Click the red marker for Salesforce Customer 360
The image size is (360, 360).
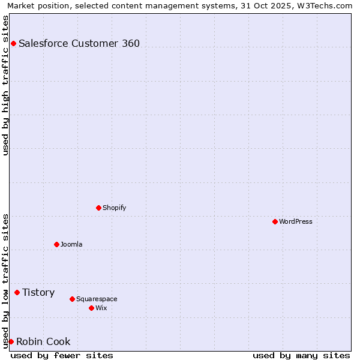coord(13,43)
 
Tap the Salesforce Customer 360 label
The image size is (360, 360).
coord(79,43)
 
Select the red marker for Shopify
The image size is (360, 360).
coord(98,208)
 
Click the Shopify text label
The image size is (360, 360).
coord(114,208)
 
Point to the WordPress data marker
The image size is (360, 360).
coord(275,221)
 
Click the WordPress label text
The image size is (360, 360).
coord(295,221)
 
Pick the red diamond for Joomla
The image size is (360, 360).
coord(56,244)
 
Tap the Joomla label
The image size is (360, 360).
coord(71,244)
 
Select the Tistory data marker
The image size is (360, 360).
coord(17,292)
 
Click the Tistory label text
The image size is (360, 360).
coord(38,292)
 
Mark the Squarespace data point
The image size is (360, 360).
coord(72,299)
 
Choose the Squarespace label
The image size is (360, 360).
coord(97,299)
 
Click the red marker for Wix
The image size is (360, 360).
coord(91,308)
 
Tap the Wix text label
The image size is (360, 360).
coord(101,308)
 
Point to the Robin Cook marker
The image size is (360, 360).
coord(11,341)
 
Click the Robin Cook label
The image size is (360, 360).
coord(43,341)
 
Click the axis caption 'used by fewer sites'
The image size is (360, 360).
coord(62,355)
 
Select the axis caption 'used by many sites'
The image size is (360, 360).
coord(301,355)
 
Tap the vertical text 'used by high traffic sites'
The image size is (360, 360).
coord(5,85)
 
